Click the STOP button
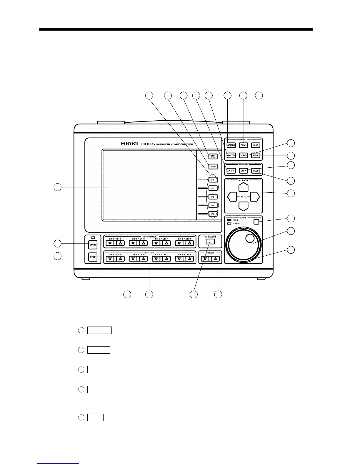point(93,257)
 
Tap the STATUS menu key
point(231,145)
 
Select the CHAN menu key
point(244,145)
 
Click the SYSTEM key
point(231,155)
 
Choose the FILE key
point(244,155)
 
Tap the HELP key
point(256,155)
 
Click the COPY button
point(244,171)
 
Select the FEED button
point(256,171)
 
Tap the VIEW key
point(213,167)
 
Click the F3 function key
point(213,197)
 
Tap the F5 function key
point(213,214)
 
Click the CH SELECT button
point(210,242)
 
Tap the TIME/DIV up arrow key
point(216,259)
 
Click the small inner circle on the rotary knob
point(249,239)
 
